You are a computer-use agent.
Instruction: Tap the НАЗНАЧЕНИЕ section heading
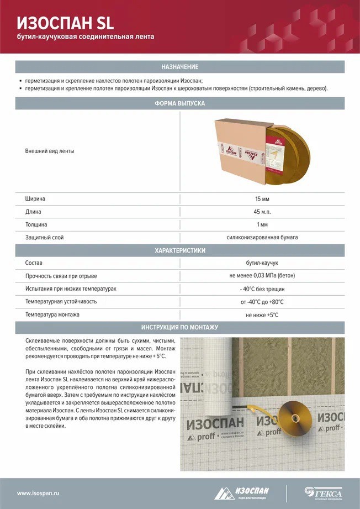pyautogui.click(x=179, y=67)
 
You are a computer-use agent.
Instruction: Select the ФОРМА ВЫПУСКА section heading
pyautogui.click(x=179, y=103)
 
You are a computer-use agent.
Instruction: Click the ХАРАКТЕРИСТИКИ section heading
pyautogui.click(x=179, y=250)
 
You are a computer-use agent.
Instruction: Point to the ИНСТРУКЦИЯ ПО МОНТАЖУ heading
pyautogui.click(x=179, y=327)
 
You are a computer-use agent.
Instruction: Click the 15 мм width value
pyautogui.click(x=262, y=198)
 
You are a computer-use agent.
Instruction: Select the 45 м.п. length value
pyautogui.click(x=262, y=212)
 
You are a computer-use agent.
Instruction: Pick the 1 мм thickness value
pyautogui.click(x=262, y=225)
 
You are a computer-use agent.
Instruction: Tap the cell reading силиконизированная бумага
pyautogui.click(x=262, y=238)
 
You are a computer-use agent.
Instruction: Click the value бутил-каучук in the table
pyautogui.click(x=262, y=263)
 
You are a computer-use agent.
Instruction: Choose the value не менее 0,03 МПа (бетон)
pyautogui.click(x=262, y=276)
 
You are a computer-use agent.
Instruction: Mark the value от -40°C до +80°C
pyautogui.click(x=262, y=302)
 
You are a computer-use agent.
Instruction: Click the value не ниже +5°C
pyautogui.click(x=262, y=315)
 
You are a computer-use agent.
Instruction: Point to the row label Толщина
pyautogui.click(x=36, y=225)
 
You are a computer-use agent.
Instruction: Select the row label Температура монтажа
pyautogui.click(x=52, y=315)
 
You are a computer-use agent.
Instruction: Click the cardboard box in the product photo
pyautogui.click(x=240, y=152)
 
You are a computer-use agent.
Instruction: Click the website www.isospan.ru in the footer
pyautogui.click(x=38, y=492)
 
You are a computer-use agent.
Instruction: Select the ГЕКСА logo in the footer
pyautogui.click(x=324, y=492)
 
